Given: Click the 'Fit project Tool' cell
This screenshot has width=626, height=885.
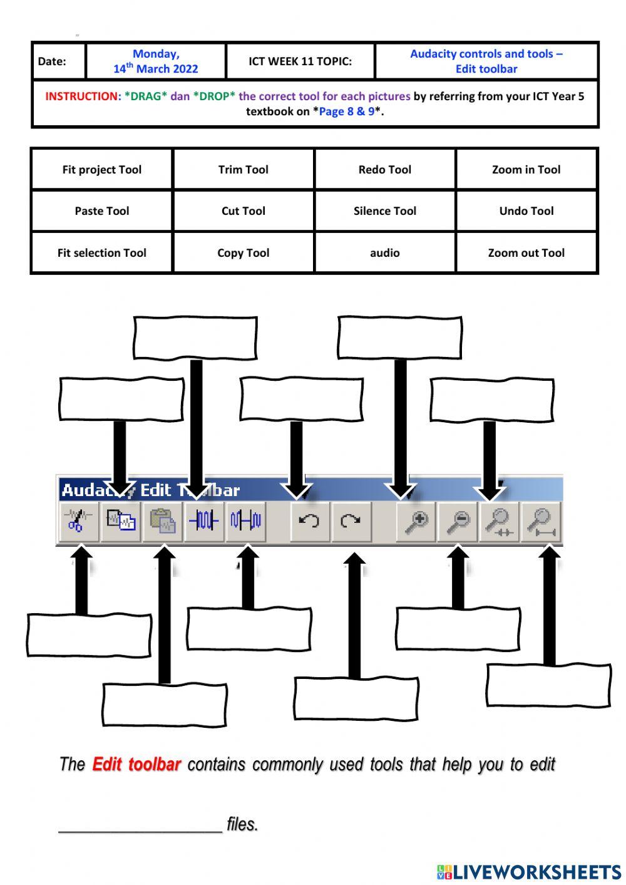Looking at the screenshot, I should (101, 169).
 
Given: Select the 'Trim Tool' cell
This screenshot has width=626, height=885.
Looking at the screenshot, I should (243, 169).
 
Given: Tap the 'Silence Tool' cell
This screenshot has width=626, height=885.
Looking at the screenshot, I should (384, 211).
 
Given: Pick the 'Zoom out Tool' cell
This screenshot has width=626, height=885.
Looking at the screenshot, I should (526, 252).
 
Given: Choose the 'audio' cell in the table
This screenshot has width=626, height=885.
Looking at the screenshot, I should (384, 252).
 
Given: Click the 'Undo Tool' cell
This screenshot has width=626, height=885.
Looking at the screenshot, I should (526, 211).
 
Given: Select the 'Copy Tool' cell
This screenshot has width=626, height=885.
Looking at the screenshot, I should (243, 252).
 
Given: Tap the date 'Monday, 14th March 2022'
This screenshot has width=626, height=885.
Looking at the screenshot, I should (156, 61).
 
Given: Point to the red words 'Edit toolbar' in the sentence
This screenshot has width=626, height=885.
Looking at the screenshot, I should (136, 764).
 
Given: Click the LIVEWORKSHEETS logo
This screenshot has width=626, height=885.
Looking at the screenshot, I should (529, 871).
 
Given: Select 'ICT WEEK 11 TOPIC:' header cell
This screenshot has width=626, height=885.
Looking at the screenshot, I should (300, 61).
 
